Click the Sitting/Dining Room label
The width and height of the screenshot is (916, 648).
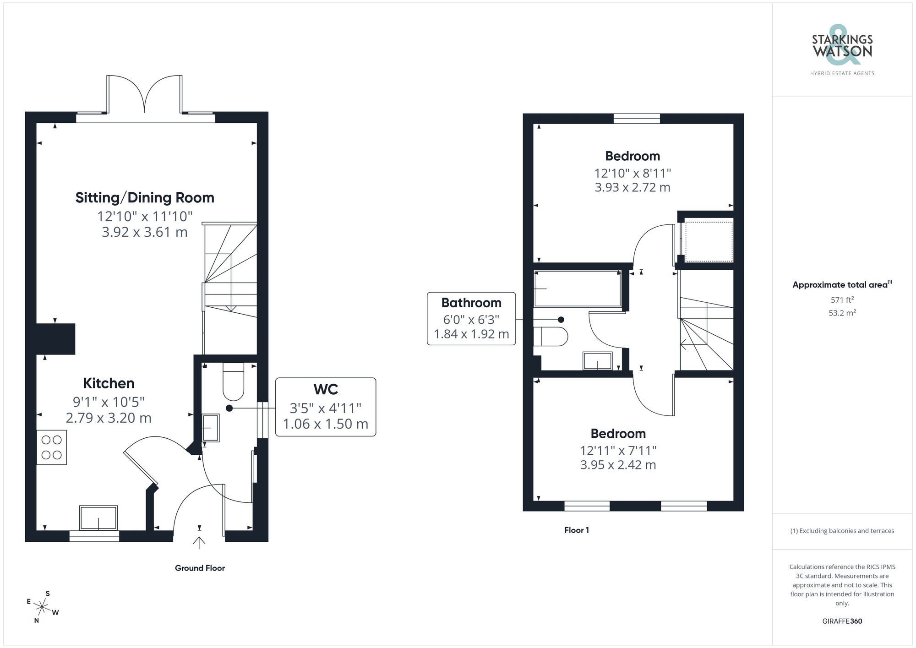145,197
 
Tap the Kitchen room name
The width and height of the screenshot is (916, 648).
109,383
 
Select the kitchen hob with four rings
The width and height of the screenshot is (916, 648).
52,447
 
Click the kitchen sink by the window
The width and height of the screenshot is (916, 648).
98,518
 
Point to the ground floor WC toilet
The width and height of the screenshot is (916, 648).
233,382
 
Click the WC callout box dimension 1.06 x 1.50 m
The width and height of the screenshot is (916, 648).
325,424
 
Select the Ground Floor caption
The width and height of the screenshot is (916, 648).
200,568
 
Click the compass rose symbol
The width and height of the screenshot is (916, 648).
42,607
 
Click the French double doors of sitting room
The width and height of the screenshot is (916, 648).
145,95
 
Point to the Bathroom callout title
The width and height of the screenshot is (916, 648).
471,303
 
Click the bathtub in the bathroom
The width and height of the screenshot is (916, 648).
578,289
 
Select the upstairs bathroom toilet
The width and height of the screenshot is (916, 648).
551,337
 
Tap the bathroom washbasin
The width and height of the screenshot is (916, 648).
598,361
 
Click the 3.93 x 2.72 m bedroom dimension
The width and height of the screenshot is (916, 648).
632,187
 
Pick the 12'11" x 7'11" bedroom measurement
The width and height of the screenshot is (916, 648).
618,450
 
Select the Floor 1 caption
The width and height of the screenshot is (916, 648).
576,530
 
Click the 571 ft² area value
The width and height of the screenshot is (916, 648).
842,300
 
